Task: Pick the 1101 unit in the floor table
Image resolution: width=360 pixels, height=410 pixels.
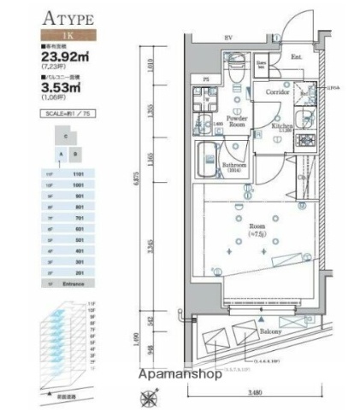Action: tap(78, 173)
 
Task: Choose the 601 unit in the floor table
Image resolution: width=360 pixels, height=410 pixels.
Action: tap(78, 228)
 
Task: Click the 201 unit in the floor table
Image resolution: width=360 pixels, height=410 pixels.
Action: tap(78, 272)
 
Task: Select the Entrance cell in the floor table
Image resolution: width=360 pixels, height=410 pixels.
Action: tap(78, 283)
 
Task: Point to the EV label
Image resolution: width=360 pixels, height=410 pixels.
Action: tap(228, 38)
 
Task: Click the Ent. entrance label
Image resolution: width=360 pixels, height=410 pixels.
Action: tap(297, 57)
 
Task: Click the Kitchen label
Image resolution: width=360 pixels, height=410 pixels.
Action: tap(282, 126)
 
